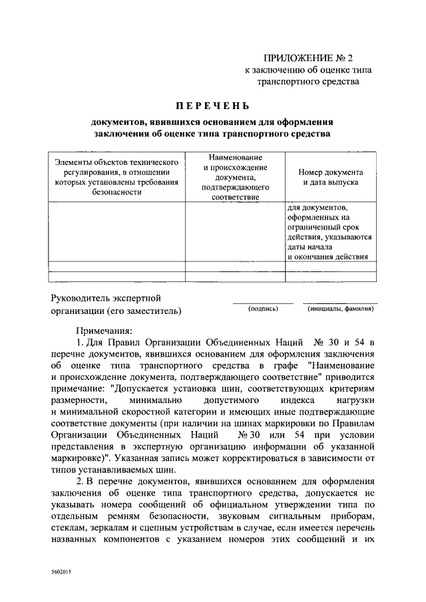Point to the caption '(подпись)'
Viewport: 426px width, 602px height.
pos(263,309)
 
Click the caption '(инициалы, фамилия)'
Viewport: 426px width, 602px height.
pos(340,309)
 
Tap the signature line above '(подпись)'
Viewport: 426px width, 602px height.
pos(263,303)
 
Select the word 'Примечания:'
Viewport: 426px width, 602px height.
pos(105,330)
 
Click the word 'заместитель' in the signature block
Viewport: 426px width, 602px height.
pos(153,311)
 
